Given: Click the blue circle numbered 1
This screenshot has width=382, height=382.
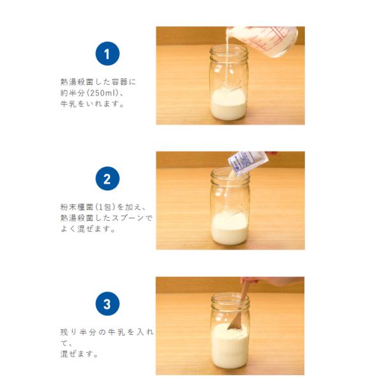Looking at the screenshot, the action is pos(108,53).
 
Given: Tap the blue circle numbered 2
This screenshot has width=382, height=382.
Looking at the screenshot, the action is pos(108,178).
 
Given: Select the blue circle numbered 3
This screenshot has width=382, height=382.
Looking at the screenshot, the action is pos(108,304).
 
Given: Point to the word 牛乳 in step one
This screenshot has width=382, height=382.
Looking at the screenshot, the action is pos(68,104).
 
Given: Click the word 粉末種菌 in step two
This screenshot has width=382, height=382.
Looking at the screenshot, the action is pos(77,207).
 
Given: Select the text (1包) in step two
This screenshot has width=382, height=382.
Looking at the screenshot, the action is pos(105,207).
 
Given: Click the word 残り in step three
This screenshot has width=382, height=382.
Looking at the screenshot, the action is pos(69,332).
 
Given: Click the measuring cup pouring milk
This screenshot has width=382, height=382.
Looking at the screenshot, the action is pos(262,41).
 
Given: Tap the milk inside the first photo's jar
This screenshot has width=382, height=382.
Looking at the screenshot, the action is pos(228,105).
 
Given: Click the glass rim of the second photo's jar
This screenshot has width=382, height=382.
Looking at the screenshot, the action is pos(230,173).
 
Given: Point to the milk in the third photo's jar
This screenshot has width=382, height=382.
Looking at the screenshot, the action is pos(229,346).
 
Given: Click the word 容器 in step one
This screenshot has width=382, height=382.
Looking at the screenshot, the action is pos(120,82).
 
